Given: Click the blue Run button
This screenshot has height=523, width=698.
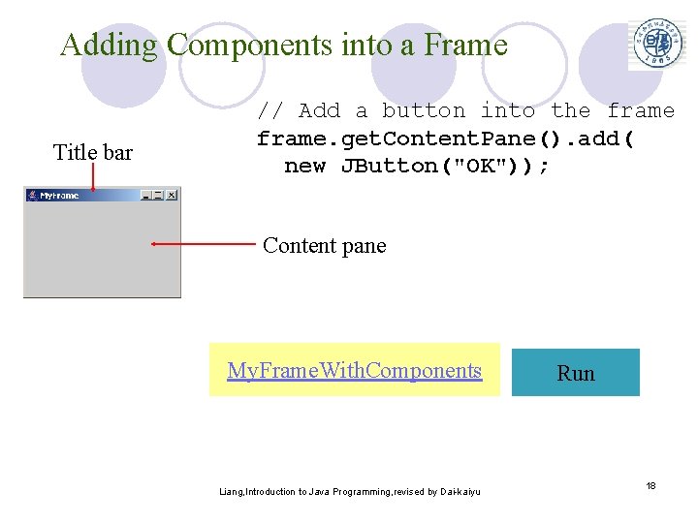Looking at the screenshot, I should tap(576, 373).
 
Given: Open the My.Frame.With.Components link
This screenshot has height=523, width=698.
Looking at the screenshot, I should tap(354, 370).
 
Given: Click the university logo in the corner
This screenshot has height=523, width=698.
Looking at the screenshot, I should tap(658, 44).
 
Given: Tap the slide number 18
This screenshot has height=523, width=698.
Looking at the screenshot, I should tap(651, 484).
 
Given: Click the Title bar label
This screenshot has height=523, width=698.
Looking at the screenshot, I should tap(92, 152).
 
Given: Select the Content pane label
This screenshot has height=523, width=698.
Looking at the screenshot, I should tap(324, 245).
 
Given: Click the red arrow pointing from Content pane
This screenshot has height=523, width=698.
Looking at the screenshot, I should tap(204, 245).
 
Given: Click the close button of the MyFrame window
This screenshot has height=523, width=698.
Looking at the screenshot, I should tap(172, 195).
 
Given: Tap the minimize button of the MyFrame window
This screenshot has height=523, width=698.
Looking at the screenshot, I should tap(145, 195).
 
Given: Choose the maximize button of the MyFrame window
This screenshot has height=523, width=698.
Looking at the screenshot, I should tap(158, 195).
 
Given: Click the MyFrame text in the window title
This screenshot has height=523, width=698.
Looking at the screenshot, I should tap(59, 195).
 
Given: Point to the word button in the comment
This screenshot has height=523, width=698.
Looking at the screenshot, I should tap(425, 110).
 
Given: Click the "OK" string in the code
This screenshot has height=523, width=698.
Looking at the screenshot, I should tap(479, 166).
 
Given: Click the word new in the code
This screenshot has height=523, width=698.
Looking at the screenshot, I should tap(304, 166).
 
